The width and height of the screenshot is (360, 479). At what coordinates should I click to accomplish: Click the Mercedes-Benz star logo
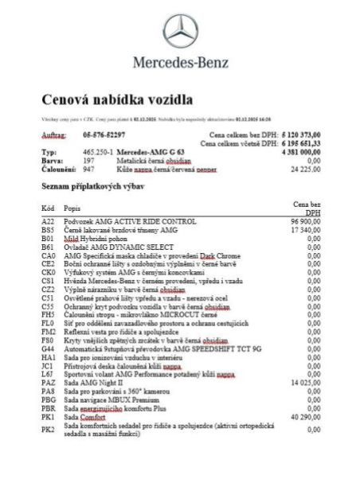point(180,33)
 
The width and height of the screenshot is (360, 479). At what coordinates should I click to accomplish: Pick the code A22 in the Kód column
point(47,220)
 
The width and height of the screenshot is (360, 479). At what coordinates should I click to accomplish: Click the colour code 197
point(88,159)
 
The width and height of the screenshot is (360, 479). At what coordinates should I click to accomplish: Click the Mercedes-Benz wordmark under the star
point(180,62)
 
